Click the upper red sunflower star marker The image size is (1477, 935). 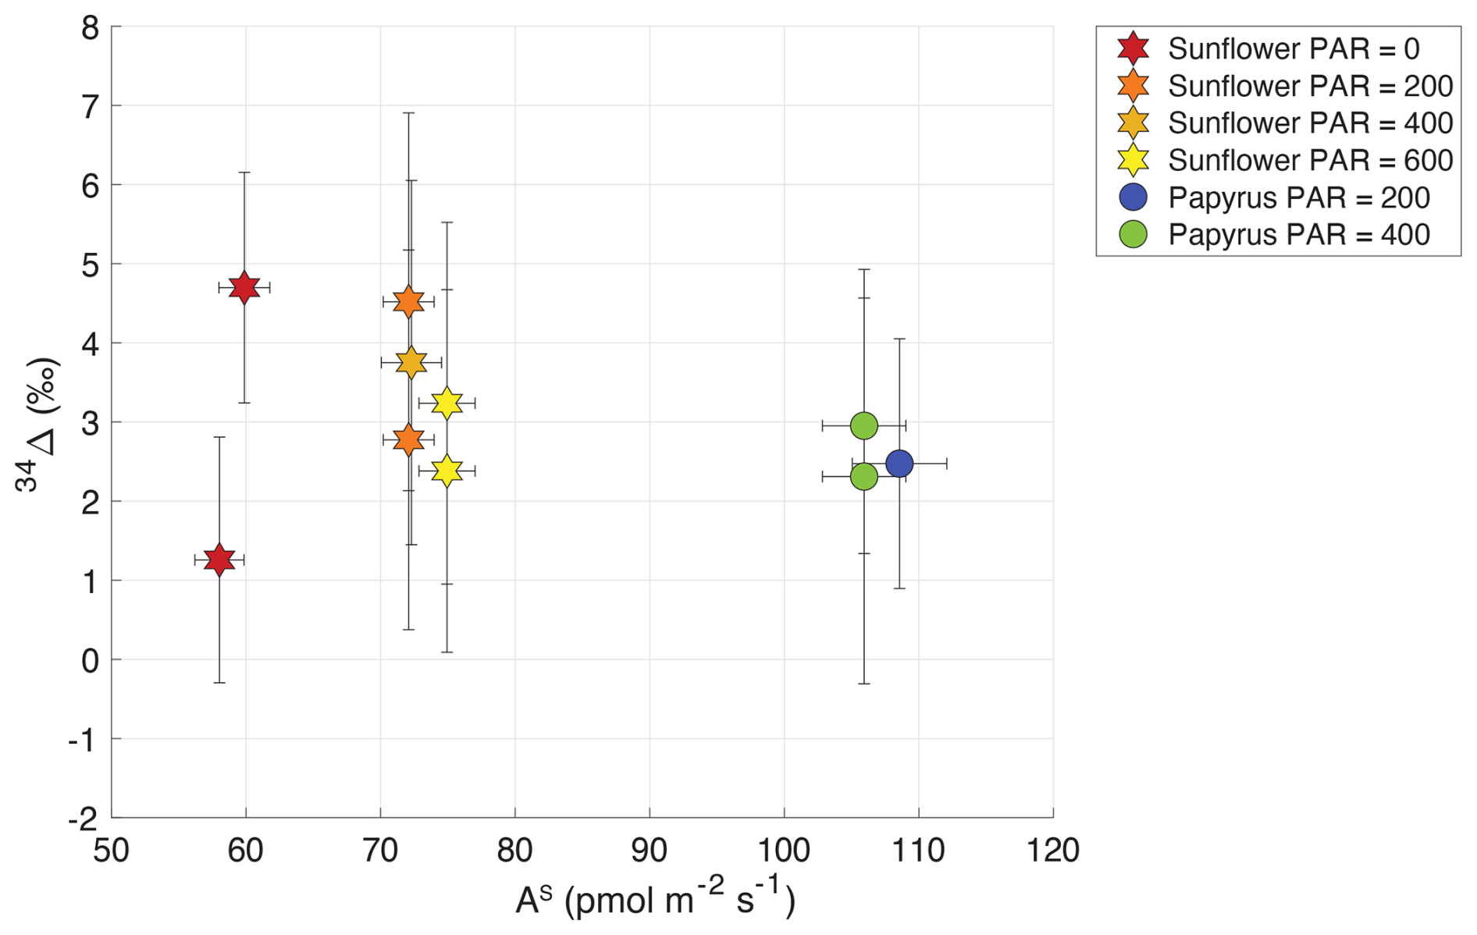[244, 288]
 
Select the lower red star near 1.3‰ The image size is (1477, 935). [219, 560]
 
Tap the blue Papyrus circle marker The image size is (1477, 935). [899, 464]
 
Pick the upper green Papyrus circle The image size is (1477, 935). [863, 425]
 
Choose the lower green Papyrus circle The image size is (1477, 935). [863, 476]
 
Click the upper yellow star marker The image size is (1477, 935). [447, 403]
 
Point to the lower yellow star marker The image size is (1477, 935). [447, 471]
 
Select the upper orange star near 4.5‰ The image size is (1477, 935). [408, 302]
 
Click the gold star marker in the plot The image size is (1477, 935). [411, 362]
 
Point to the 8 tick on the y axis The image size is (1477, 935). [91, 28]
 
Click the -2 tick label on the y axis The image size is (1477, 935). [83, 819]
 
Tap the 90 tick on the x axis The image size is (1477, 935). [650, 851]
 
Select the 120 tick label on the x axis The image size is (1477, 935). [1053, 851]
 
